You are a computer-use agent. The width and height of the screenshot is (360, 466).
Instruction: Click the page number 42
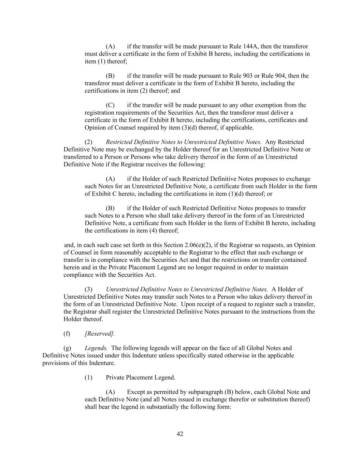180,434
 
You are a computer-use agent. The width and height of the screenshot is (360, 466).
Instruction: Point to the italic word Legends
96,348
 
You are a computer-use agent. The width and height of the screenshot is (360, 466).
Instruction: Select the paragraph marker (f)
67,334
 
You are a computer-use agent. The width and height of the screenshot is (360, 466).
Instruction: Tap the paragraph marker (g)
67,348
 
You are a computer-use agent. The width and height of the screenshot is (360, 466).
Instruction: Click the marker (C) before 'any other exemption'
110,105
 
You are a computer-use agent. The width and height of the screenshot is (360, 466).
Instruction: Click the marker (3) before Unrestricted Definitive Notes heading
88,290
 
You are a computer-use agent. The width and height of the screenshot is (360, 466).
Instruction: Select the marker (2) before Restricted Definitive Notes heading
88,142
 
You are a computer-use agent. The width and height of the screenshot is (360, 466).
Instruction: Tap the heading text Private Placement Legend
141,378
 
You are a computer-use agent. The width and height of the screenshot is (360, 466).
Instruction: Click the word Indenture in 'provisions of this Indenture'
102,363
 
